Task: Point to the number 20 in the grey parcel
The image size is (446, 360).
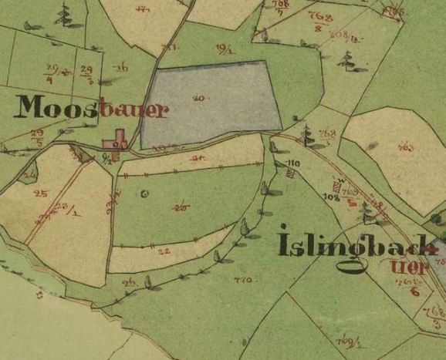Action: tap(199, 98)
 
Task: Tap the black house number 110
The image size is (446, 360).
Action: tap(292, 163)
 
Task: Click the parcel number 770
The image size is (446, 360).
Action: tap(242, 280)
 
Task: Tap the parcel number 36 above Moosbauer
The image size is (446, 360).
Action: tap(120, 68)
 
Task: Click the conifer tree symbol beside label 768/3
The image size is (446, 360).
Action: tap(307, 135)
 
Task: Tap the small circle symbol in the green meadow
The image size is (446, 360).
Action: tap(144, 194)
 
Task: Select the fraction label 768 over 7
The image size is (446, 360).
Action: tap(280, 7)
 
